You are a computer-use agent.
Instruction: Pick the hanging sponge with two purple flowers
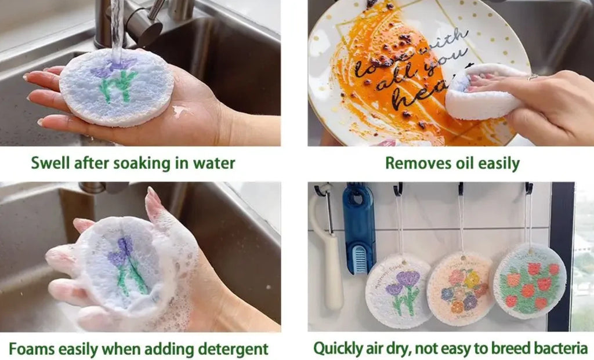[398, 291]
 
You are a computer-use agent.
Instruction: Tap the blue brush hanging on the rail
[358, 228]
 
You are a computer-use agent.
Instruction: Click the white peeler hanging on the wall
[332, 255]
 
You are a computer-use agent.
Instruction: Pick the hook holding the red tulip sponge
[528, 188]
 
